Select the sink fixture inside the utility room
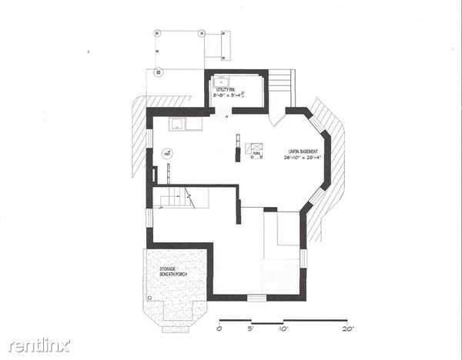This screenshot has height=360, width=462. click(222, 81)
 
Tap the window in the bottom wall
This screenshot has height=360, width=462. click(256, 298)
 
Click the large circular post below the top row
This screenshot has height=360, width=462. click(159, 74)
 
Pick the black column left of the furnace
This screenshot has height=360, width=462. click(238, 152)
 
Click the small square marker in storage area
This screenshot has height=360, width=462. click(148, 295)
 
